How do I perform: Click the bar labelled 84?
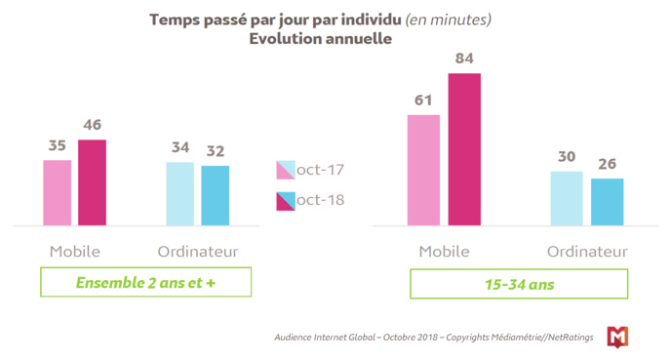click(x=464, y=149)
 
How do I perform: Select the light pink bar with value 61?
click(x=423, y=170)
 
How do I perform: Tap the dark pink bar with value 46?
click(x=93, y=182)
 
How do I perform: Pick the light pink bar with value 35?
click(x=57, y=192)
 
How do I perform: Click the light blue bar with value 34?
click(x=179, y=193)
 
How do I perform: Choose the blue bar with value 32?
click(x=216, y=195)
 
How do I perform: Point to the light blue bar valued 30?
click(x=567, y=198)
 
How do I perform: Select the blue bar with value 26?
click(x=607, y=201)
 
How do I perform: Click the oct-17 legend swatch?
click(x=285, y=170)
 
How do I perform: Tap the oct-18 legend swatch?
click(x=285, y=200)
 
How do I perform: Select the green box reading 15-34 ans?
click(x=518, y=283)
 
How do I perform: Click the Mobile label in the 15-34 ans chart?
click(x=444, y=252)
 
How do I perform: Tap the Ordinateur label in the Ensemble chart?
click(x=198, y=252)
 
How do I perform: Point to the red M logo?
click(x=617, y=337)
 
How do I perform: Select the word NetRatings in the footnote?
click(x=567, y=338)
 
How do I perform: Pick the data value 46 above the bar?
click(x=93, y=125)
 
